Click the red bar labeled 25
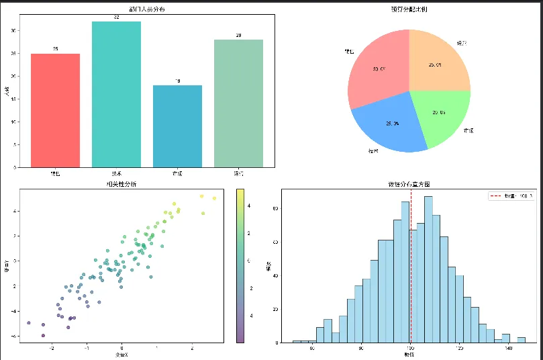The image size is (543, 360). [x=55, y=110]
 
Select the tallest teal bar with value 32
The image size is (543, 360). [x=116, y=94]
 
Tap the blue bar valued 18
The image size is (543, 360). [x=177, y=126]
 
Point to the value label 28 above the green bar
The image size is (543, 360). [x=238, y=35]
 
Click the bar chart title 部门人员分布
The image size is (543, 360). [x=147, y=9]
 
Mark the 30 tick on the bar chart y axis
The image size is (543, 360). [x=15, y=31]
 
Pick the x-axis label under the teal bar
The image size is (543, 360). [x=116, y=174]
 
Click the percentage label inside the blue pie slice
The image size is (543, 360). [x=392, y=124]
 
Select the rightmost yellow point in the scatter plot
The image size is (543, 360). [x=214, y=198]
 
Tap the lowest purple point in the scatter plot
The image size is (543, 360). [x=43, y=335]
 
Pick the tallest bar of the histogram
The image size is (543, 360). [x=428, y=269]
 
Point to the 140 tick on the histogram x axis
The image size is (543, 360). [x=508, y=348]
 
